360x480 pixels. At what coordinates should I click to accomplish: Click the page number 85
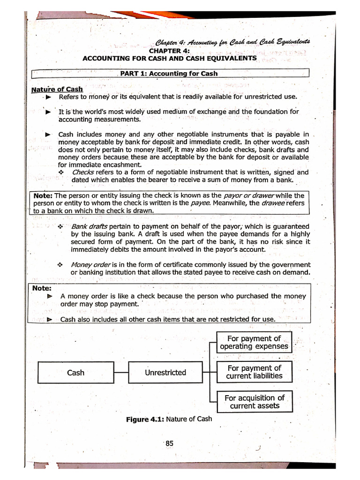point(169,443)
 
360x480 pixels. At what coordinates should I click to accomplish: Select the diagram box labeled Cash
point(75,373)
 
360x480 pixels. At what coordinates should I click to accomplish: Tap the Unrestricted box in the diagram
point(165,373)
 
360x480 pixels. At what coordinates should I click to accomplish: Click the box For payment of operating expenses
point(254,342)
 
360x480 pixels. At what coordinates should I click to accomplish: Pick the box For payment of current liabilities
point(254,372)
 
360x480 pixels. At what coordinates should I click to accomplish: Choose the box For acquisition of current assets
point(254,402)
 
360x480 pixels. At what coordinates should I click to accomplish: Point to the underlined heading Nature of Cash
point(57,89)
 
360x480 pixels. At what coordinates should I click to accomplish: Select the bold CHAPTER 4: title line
point(169,51)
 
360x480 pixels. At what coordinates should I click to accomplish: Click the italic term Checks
point(83,172)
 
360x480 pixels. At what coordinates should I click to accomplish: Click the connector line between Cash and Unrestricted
point(121,373)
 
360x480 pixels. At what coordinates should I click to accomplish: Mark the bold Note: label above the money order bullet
point(42,288)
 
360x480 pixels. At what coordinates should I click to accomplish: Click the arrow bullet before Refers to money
point(48,97)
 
